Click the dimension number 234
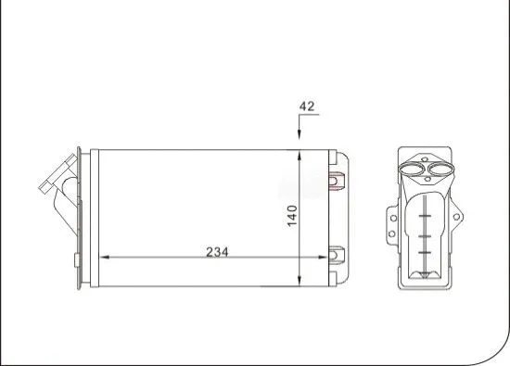tap(215, 252)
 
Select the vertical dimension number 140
tap(291, 215)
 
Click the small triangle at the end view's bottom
tap(425, 275)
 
